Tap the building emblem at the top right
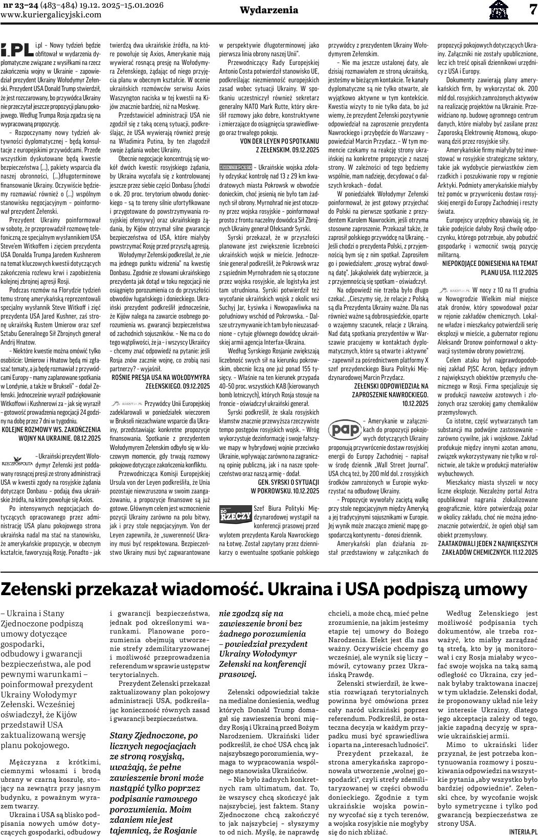coord(499,10)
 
